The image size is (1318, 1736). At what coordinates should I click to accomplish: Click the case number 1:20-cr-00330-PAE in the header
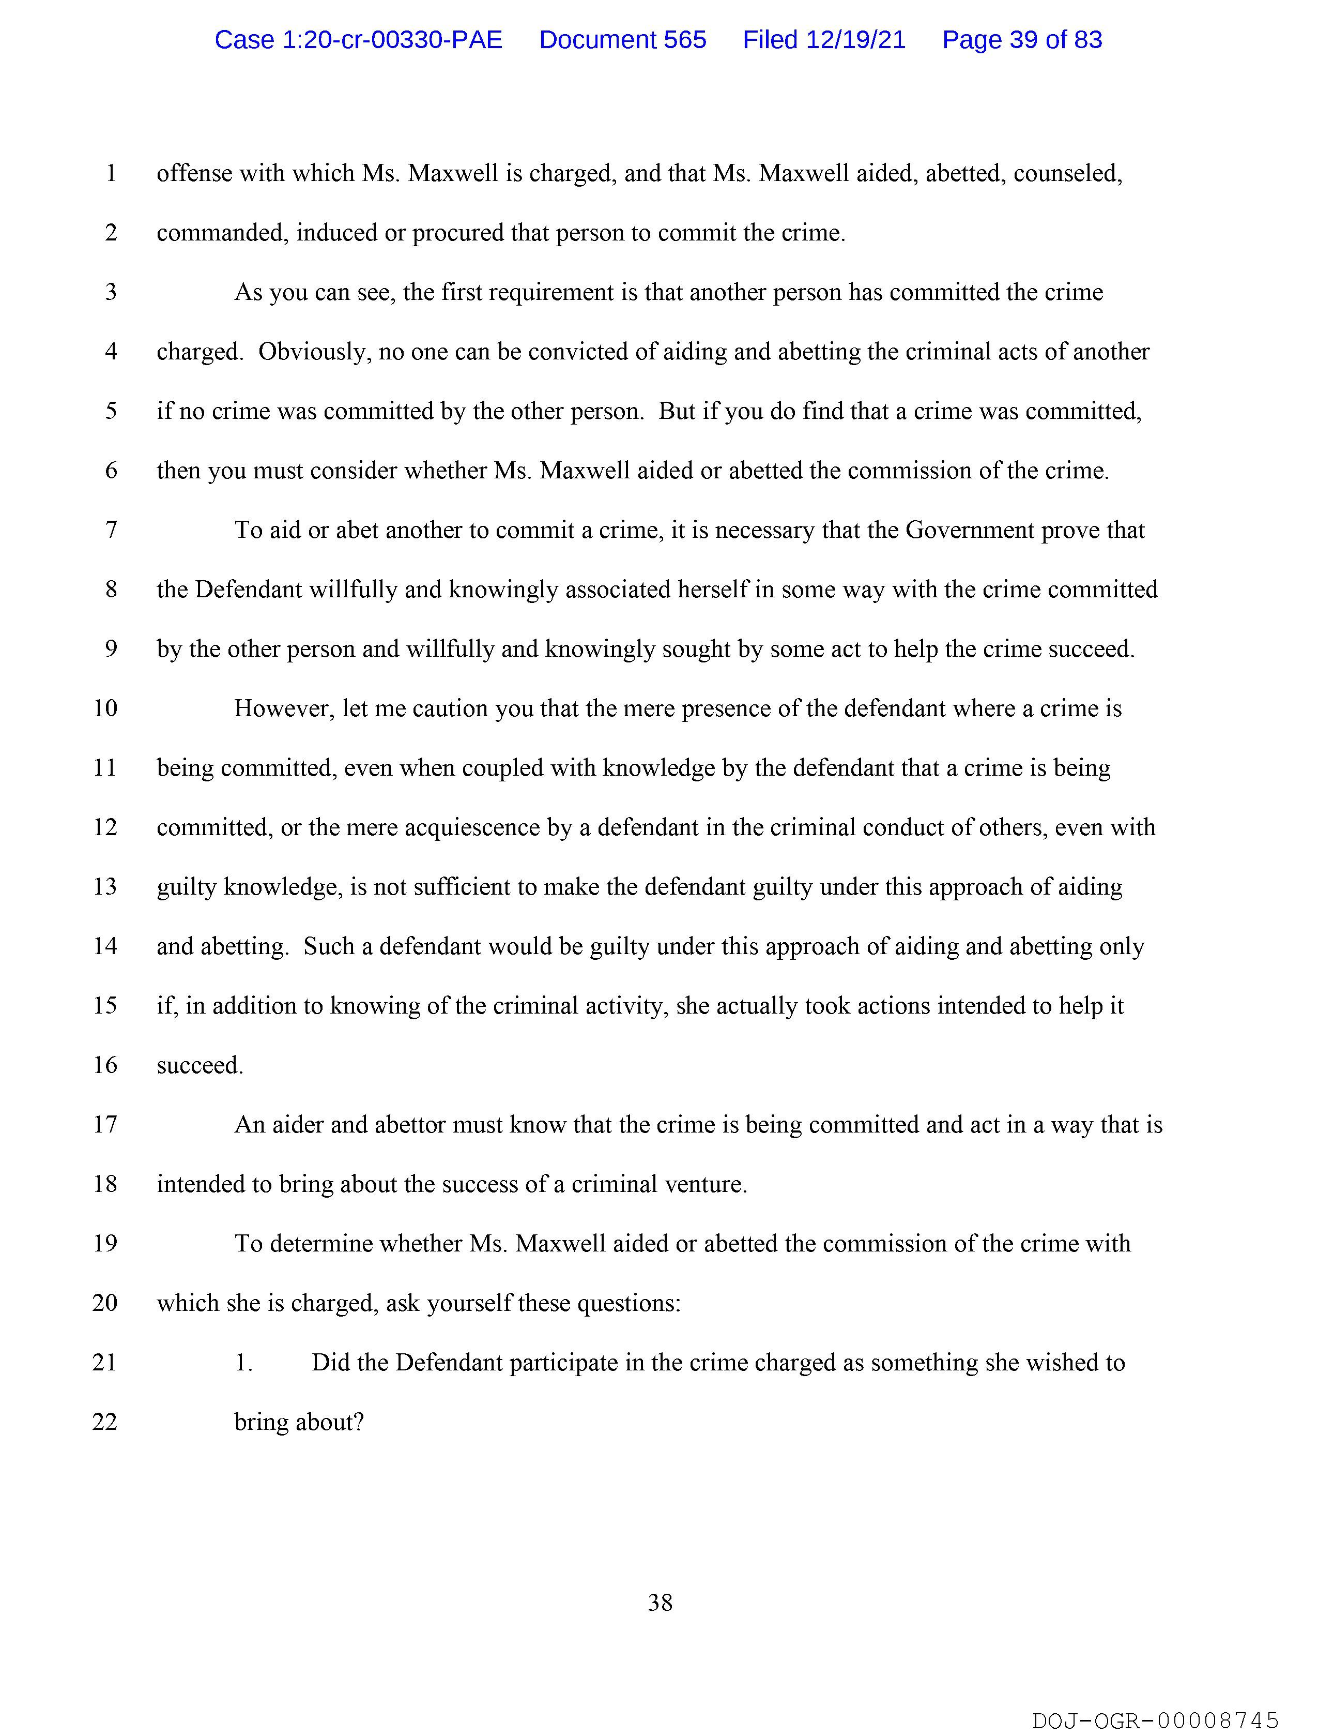(359, 40)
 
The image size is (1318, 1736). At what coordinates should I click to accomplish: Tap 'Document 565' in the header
(622, 40)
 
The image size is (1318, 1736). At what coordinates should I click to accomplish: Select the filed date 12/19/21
(824, 40)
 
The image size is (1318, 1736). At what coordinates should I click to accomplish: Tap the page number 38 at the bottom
(660, 1602)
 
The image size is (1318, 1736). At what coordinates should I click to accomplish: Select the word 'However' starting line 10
(285, 708)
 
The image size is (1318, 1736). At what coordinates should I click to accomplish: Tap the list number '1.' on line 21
(243, 1363)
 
